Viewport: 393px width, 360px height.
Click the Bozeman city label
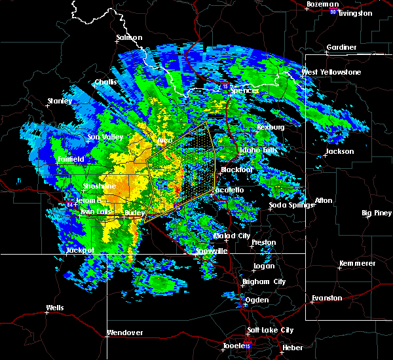[x=324, y=5]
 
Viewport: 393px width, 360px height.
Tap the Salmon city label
[x=129, y=38]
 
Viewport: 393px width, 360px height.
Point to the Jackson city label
[x=339, y=152]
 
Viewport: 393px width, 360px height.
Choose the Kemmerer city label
[x=358, y=263]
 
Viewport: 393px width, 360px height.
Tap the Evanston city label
[x=327, y=298]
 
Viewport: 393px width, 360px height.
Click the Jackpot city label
[x=80, y=250]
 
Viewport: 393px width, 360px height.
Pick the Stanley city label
[x=60, y=101]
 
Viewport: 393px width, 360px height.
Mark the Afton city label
[x=324, y=200]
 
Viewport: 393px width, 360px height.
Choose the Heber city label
[x=291, y=348]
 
